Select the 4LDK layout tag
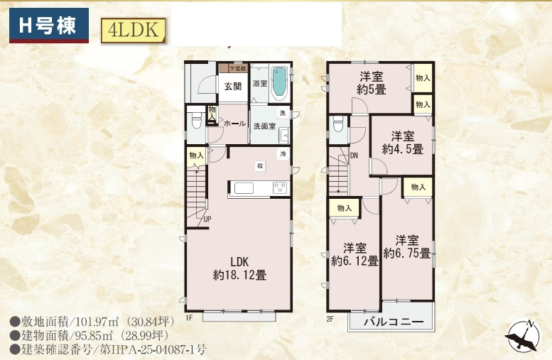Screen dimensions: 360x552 tap(133, 30)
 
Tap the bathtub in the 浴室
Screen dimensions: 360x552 tap(281, 83)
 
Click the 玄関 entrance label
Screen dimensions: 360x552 tap(233, 87)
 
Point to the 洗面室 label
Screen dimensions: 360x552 tap(264, 126)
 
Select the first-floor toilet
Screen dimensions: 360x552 tap(196, 121)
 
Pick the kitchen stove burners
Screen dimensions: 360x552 tap(279, 188)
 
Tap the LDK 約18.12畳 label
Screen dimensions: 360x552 tap(239, 267)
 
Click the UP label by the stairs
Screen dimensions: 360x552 tap(207, 219)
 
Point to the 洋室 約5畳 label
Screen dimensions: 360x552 tap(372, 83)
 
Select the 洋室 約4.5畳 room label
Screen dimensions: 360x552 tap(403, 143)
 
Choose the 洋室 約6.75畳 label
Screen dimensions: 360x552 tap(407, 246)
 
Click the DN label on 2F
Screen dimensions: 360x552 tap(354, 156)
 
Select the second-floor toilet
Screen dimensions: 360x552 tap(338, 126)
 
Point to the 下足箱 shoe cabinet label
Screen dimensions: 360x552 tap(237, 69)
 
